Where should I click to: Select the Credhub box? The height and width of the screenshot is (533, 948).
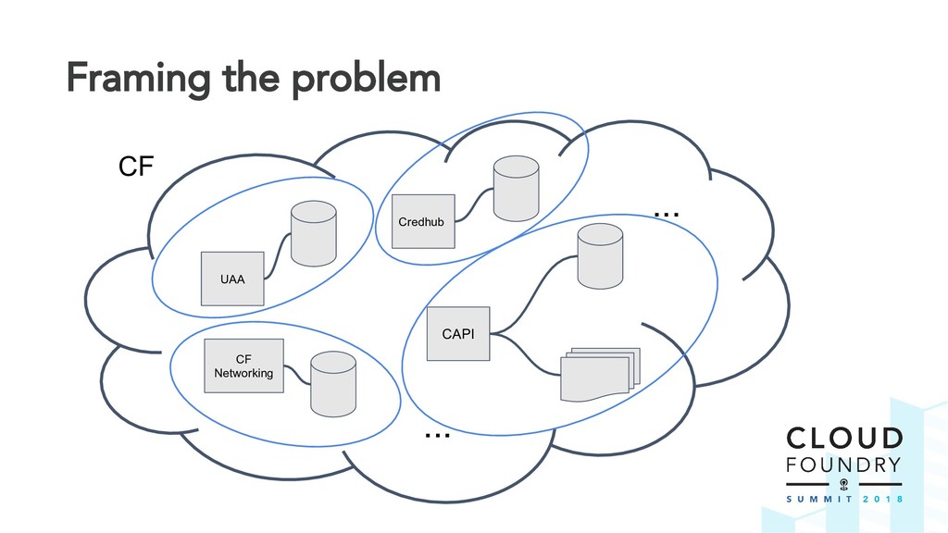(423, 221)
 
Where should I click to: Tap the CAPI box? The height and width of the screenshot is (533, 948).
(458, 333)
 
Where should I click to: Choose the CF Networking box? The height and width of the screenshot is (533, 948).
(243, 366)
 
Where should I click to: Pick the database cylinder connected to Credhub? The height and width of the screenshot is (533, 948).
(516, 188)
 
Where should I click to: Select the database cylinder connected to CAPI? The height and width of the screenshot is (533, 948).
(600, 254)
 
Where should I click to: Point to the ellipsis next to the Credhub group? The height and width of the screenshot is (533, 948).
(667, 215)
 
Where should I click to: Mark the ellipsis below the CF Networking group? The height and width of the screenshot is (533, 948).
(437, 433)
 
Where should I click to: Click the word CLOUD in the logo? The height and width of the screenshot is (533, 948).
(843, 439)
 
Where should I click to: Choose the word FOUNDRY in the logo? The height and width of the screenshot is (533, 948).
(843, 464)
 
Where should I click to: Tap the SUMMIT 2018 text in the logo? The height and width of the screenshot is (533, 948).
(843, 498)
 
